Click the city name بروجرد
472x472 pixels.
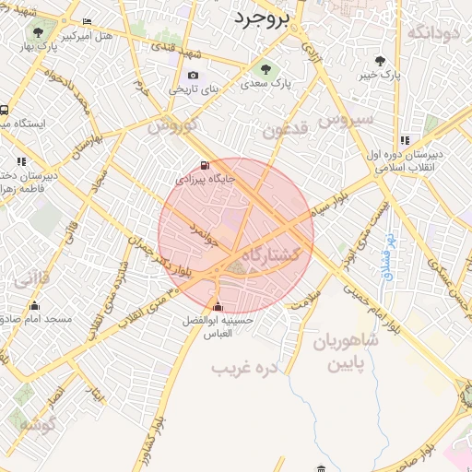tap(264, 18)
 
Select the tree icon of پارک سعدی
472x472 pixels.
tap(266, 68)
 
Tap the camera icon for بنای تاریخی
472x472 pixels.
tap(193, 76)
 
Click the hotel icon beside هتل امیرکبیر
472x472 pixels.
tap(87, 21)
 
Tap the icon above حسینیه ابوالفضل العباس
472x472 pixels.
tap(218, 306)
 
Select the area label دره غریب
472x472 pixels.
tap(245, 368)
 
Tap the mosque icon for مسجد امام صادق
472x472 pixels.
tap(35, 306)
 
